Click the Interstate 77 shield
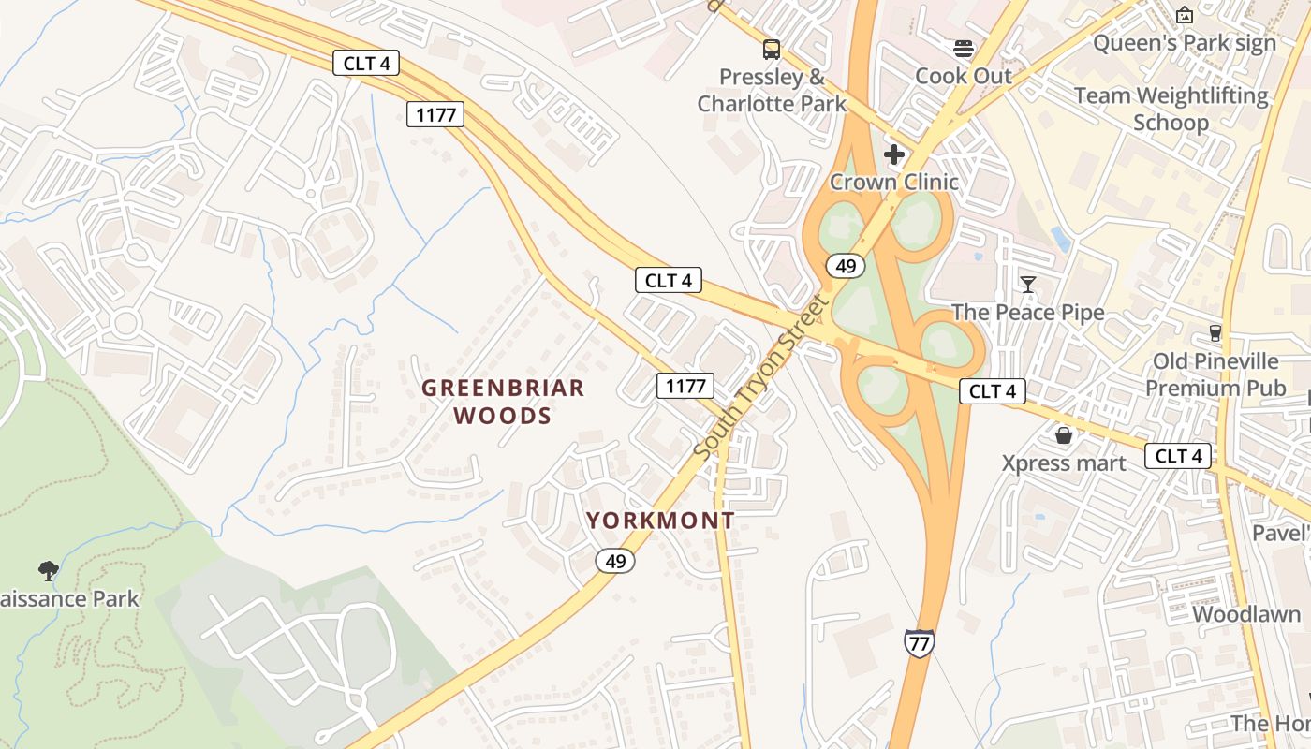coord(919,643)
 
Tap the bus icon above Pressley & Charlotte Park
coord(772,50)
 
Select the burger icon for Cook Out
coord(964,48)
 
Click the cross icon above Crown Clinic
coord(894,154)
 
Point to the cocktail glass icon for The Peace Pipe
coord(1028,284)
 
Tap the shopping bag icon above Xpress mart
coord(1064,435)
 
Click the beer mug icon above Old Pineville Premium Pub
coord(1215,333)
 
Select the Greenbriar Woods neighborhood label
coord(503,402)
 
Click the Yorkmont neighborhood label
coord(660,521)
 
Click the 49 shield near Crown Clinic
coord(846,267)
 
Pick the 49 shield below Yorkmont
coord(615,561)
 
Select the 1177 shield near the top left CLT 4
coord(436,115)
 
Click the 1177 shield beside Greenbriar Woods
coord(685,385)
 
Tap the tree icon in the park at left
coord(49,570)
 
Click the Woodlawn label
coord(1245,614)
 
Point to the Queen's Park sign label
coord(1185,43)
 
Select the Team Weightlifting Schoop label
coord(1171,109)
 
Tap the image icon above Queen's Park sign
coord(1185,15)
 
